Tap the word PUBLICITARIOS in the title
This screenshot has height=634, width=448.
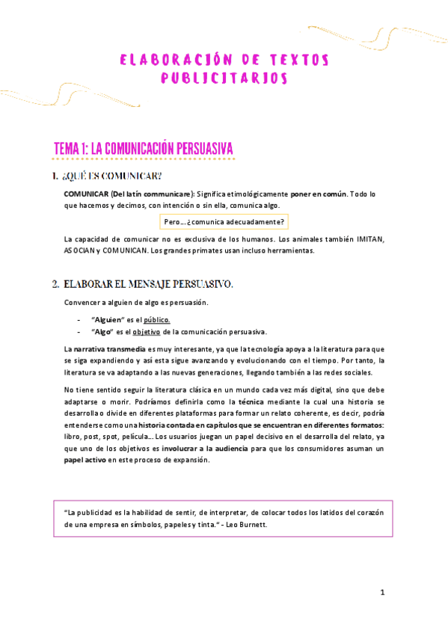224,77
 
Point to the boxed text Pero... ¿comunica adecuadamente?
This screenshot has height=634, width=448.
224,222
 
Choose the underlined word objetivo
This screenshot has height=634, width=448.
137,332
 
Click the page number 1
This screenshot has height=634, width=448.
382,593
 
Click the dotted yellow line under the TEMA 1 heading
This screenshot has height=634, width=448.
144,158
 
